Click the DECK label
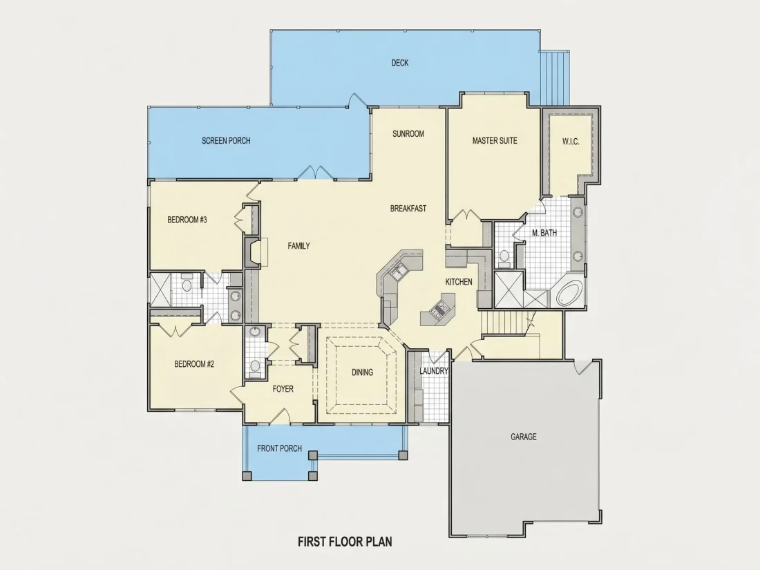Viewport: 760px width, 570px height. tap(400, 62)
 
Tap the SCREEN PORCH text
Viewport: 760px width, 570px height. tap(226, 140)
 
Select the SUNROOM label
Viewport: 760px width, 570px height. tap(408, 134)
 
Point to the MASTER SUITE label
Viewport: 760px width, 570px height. tap(495, 140)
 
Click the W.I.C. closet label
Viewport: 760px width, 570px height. tap(571, 142)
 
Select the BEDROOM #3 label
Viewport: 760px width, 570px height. tap(187, 220)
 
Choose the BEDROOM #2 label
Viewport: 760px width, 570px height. tap(194, 364)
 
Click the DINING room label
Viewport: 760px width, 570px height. tap(362, 372)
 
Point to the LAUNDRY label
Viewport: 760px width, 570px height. tap(434, 371)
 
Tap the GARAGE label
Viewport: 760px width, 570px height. tap(524, 437)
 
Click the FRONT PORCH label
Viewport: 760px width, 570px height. tap(279, 448)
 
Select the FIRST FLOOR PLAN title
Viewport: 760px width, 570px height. tap(345, 542)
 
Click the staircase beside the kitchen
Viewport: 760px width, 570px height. tap(505, 323)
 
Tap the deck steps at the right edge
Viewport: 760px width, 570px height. tap(555, 77)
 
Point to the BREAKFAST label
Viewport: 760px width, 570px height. tap(408, 209)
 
